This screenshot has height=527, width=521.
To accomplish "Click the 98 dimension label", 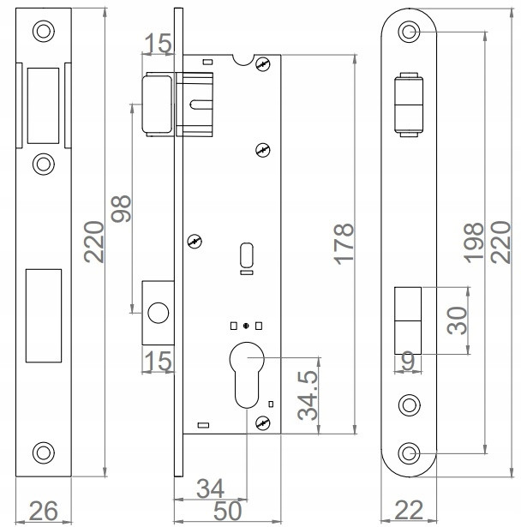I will (123, 208).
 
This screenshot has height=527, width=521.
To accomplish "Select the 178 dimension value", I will (344, 244).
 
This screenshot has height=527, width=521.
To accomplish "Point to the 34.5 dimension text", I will (308, 395).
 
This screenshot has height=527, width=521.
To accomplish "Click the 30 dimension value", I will (456, 320).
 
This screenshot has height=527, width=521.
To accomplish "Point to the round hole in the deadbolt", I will (156, 314).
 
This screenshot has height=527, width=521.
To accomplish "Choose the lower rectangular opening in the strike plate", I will (44, 312).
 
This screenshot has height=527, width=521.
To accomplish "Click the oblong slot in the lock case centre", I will (247, 255).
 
